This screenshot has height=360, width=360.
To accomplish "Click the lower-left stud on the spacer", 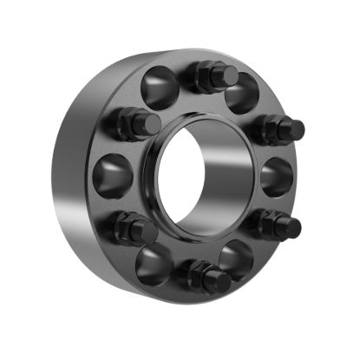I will coord(134,230).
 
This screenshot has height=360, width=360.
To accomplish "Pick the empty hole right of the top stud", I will coord(243,93).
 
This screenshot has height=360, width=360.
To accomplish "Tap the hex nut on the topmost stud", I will coord(206,78).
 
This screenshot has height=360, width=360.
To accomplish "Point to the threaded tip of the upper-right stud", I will coord(296,130).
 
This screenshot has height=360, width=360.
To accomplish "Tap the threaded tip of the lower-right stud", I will coord(293,227).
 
